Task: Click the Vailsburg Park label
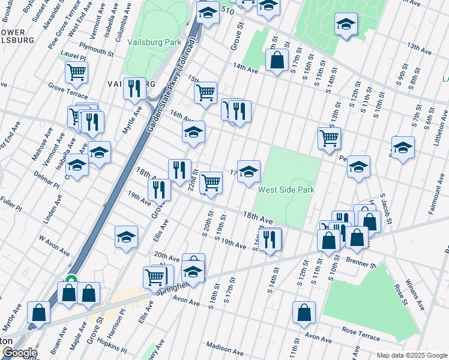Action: point(154,43)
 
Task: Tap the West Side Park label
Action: point(286,190)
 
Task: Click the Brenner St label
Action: point(360,263)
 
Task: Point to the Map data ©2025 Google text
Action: point(411,355)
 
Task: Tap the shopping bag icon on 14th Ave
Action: point(276,60)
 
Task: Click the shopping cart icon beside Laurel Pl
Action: point(76,73)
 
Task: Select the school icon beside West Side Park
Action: point(249,172)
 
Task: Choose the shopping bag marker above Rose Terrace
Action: point(304,312)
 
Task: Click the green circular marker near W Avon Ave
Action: point(71,280)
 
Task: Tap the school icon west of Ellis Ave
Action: point(126,237)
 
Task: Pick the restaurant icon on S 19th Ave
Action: point(270,239)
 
